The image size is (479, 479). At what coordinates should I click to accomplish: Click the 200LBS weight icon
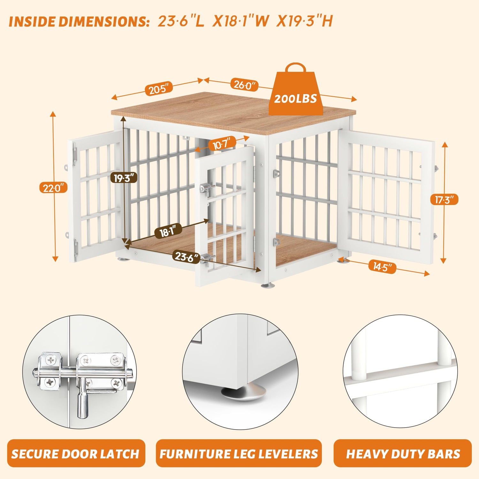[x=296, y=91]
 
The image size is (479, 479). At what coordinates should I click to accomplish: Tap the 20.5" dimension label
[x=161, y=89]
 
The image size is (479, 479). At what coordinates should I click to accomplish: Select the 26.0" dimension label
[x=244, y=85]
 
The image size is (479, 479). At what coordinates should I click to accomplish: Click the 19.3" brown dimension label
[x=125, y=178]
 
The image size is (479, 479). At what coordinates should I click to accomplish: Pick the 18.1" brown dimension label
[x=168, y=231]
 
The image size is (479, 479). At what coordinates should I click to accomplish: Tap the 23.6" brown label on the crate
[x=186, y=256]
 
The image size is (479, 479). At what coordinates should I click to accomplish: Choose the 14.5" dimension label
[x=382, y=266]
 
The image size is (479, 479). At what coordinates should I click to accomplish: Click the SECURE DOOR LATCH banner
[x=76, y=453]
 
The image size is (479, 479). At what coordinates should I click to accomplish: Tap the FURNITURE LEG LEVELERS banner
[x=239, y=453]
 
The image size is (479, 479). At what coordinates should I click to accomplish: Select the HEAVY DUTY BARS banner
[x=403, y=453]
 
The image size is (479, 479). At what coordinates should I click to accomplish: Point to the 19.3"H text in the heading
[x=305, y=21]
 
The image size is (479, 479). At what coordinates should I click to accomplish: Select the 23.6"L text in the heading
[x=181, y=21]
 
